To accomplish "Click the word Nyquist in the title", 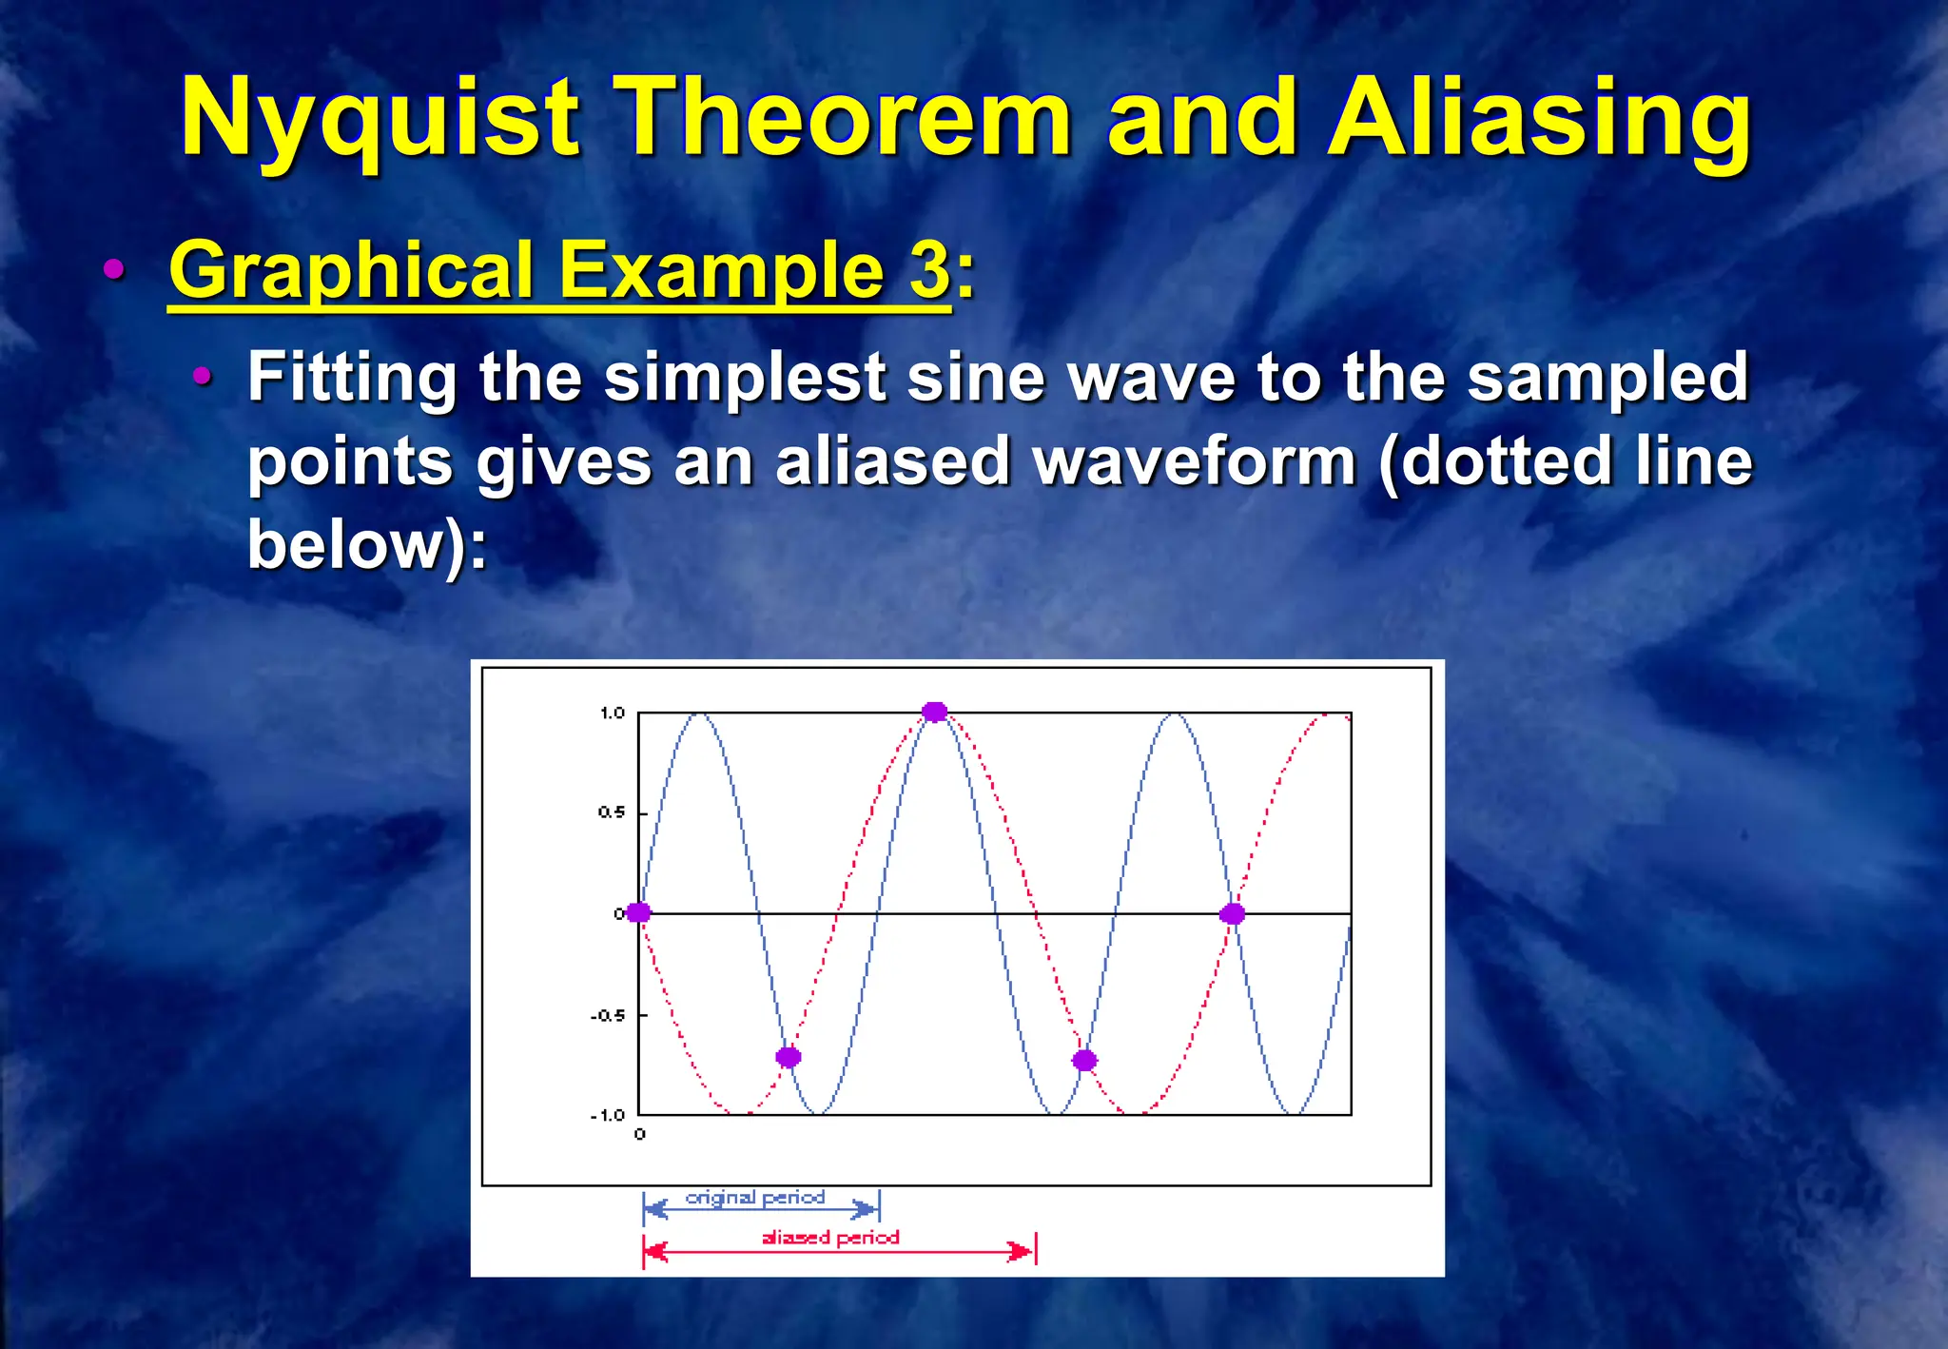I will pyautogui.click(x=379, y=119).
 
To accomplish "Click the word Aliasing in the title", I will pyautogui.click(x=1538, y=119).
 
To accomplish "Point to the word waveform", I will pyautogui.click(x=1195, y=461).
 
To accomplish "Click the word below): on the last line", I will pyautogui.click(x=367, y=544).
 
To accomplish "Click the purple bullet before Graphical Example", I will pyautogui.click(x=114, y=269).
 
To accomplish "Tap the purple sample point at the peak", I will pyautogui.click(x=935, y=712).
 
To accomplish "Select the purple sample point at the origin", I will pyautogui.click(x=638, y=912).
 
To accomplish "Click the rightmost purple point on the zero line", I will pyautogui.click(x=1232, y=913).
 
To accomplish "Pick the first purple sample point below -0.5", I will pyautogui.click(x=789, y=1057).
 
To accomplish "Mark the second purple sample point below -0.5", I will pyautogui.click(x=1084, y=1060).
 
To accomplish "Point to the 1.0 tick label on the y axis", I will pyautogui.click(x=612, y=713).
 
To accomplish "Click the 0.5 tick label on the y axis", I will pyautogui.click(x=611, y=812).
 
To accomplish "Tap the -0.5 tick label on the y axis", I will pyautogui.click(x=607, y=1015).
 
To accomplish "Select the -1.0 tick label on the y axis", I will pyautogui.click(x=607, y=1115).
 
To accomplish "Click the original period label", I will pyautogui.click(x=755, y=1197).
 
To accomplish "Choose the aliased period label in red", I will pyautogui.click(x=830, y=1237).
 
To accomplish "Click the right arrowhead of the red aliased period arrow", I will pyautogui.click(x=1022, y=1251).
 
